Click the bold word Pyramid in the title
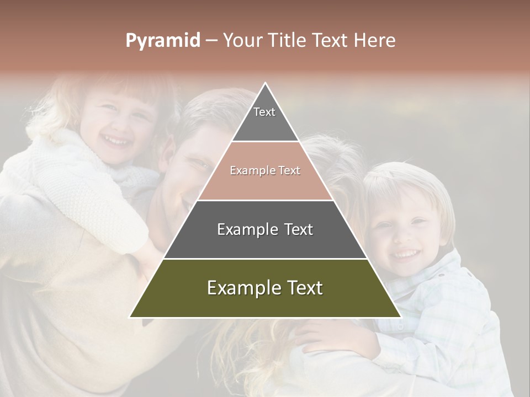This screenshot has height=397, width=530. coord(163,41)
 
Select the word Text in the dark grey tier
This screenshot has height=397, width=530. coord(298,229)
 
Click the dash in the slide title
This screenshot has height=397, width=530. coord(211,41)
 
